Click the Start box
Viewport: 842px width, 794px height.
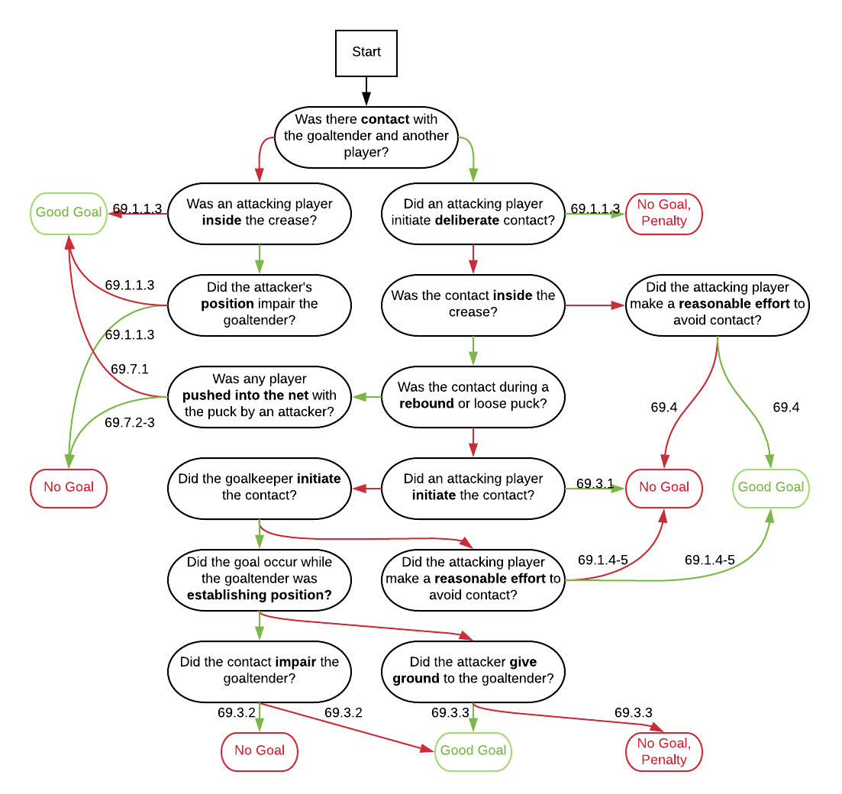(x=366, y=53)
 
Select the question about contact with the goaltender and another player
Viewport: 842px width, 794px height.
(x=366, y=137)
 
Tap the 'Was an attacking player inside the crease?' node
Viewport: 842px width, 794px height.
(x=260, y=213)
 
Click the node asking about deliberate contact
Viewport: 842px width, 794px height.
(x=473, y=213)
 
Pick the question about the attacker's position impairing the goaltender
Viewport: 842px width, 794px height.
(x=260, y=304)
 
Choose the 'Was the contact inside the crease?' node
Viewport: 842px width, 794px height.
(x=473, y=304)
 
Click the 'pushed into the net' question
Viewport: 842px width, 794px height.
(x=260, y=395)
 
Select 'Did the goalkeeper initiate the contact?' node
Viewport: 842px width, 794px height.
(x=260, y=487)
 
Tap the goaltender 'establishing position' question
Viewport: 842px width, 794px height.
(x=260, y=579)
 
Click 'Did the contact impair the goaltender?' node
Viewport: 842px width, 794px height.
(x=260, y=670)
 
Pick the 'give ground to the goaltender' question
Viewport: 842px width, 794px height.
(x=473, y=670)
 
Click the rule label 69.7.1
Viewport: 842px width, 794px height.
(x=130, y=370)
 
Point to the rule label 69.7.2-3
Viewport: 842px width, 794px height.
(x=130, y=422)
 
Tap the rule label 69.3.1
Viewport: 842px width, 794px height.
(x=595, y=483)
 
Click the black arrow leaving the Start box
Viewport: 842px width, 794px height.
(x=366, y=91)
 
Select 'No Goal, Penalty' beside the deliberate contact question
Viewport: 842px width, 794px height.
(x=664, y=213)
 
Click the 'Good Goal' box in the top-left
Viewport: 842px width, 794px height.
(x=69, y=213)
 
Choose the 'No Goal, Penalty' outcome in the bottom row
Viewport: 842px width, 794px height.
(x=664, y=751)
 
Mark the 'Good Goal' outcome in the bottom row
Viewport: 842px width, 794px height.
(x=473, y=751)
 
